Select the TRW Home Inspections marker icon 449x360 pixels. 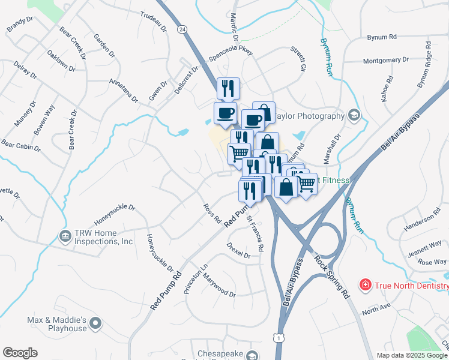[x=64, y=236]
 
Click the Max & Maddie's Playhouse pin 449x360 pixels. [x=95, y=325]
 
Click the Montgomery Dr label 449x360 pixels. [x=386, y=60]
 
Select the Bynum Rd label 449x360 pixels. [x=382, y=37]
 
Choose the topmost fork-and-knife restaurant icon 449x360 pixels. [x=228, y=88]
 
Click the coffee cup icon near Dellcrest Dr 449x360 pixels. [x=225, y=113]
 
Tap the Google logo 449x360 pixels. [x=20, y=353]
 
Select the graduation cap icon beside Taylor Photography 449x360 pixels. [x=354, y=116]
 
